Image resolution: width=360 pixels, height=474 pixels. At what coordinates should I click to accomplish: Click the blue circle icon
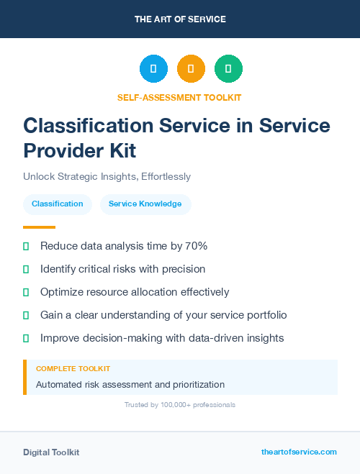[x=153, y=69]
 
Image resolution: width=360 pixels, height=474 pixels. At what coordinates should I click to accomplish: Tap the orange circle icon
[x=191, y=69]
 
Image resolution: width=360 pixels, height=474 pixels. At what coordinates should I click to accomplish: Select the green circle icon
[x=228, y=69]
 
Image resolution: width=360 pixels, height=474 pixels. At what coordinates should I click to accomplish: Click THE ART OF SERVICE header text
[x=180, y=19]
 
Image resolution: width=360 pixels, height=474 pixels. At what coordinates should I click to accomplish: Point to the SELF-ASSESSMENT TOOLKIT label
[x=179, y=97]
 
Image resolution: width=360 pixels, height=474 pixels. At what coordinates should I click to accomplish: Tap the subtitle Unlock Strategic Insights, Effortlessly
[x=107, y=176]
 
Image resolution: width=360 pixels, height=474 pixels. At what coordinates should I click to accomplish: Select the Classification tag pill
[x=58, y=204]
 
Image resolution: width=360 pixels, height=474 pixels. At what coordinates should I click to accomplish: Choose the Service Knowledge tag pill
[x=145, y=204]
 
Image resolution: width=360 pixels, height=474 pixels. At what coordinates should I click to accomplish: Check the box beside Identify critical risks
[x=26, y=269]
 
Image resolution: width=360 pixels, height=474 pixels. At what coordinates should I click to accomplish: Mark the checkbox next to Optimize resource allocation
[x=26, y=292]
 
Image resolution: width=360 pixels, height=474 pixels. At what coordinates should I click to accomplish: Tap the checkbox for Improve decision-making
[x=26, y=338]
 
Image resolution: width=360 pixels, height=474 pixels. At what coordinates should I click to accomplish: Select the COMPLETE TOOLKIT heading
[x=73, y=368]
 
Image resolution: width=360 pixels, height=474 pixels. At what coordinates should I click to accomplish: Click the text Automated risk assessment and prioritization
[x=130, y=385]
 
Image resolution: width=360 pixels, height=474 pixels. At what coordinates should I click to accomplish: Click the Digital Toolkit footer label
[x=51, y=452]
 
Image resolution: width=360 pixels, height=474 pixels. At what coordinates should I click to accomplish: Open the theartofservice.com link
[x=299, y=452]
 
